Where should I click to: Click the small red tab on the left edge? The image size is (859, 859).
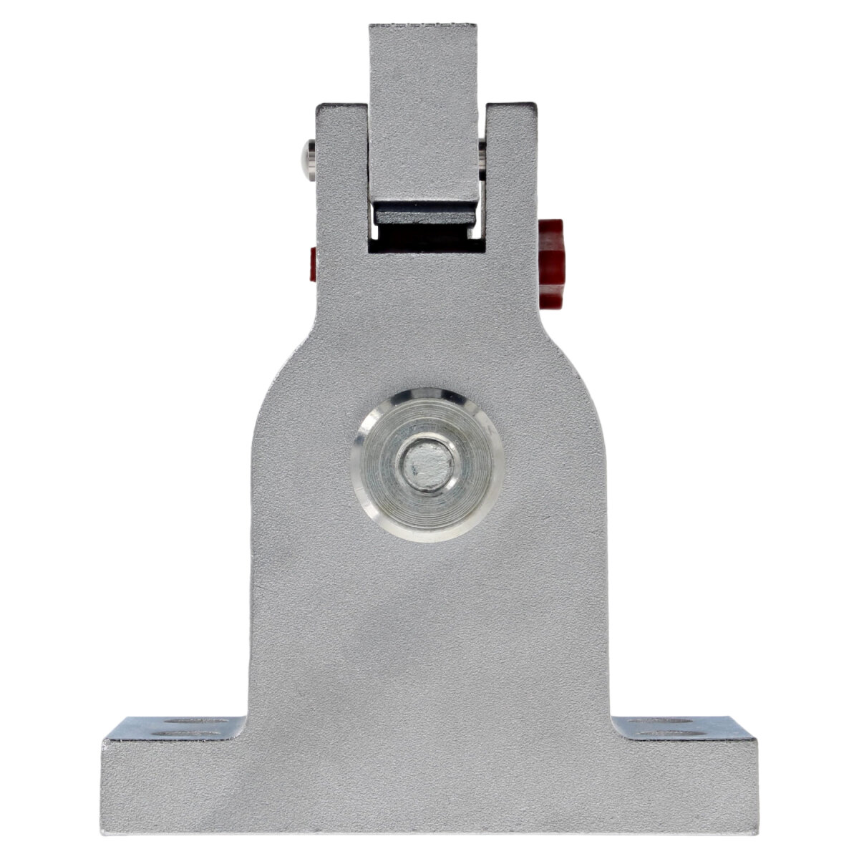[312, 264]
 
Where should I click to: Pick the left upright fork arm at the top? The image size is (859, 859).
[341, 165]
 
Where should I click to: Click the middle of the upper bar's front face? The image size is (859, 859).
[423, 115]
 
